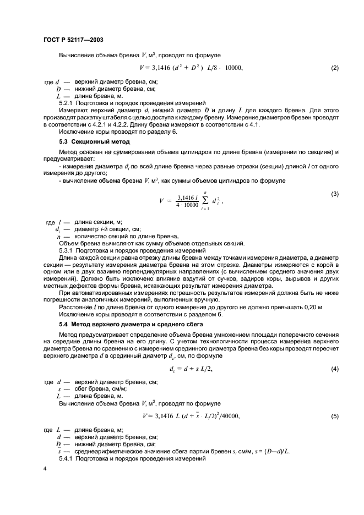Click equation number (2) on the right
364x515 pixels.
(334, 68)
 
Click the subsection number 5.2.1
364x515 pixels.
(67, 102)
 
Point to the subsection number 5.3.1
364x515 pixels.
(67, 250)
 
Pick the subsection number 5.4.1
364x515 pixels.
(67, 459)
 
